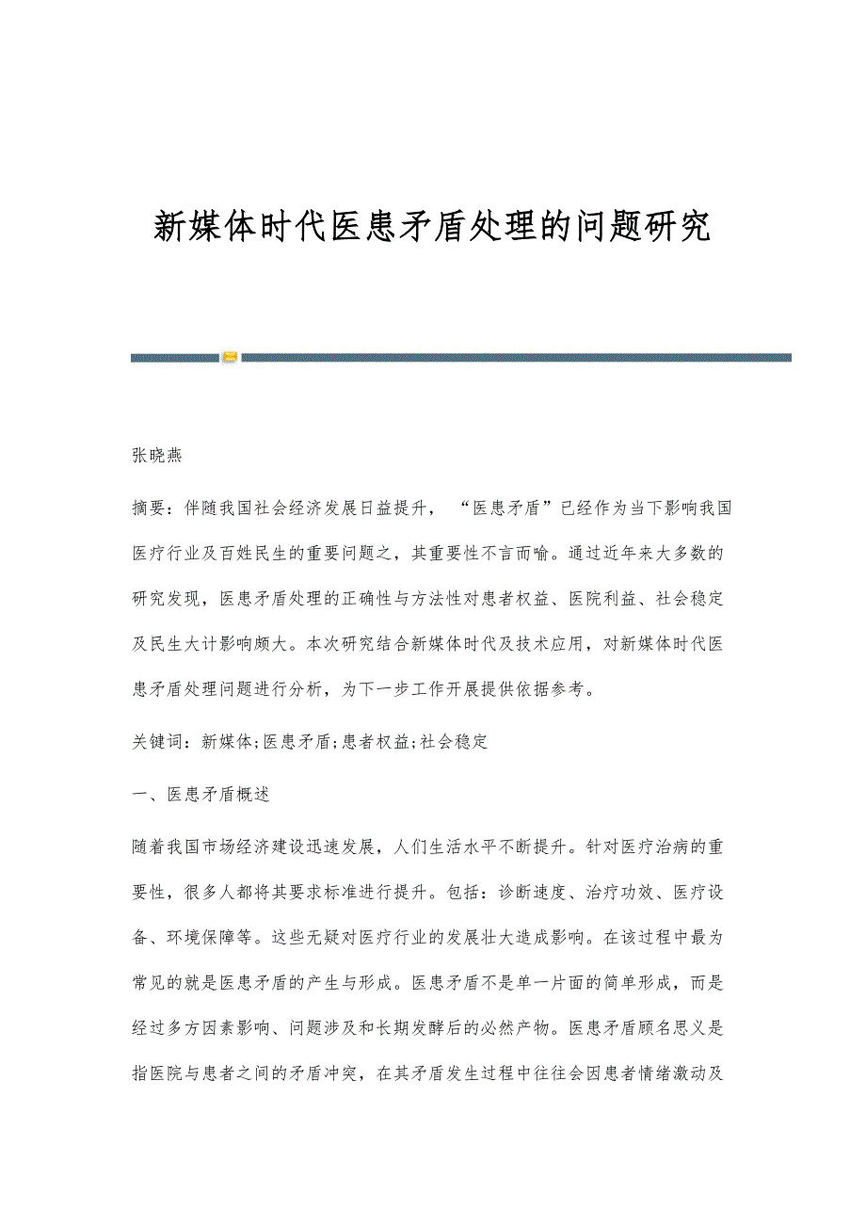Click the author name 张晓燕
pyautogui.click(x=157, y=456)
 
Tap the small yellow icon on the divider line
pyautogui.click(x=231, y=357)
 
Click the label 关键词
pyautogui.click(x=157, y=742)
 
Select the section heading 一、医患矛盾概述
pyautogui.click(x=200, y=794)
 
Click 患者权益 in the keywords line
pyautogui.click(x=377, y=742)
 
